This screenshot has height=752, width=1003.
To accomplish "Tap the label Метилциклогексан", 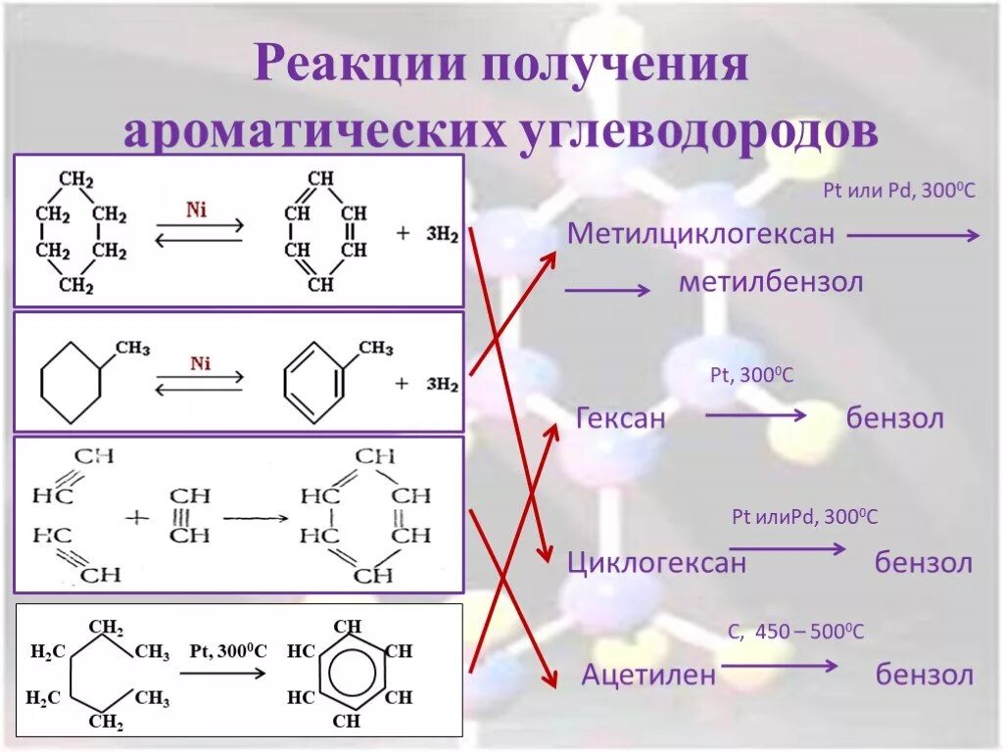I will (701, 235).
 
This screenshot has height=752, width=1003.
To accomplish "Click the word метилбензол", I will (771, 284).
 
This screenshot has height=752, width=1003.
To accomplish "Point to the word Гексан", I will (621, 419).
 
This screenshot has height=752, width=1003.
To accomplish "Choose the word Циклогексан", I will (656, 563).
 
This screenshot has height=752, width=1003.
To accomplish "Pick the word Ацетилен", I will (648, 676).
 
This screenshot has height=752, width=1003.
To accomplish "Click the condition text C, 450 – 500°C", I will (795, 633).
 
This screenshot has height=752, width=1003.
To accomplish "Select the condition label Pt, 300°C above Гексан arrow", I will (751, 375).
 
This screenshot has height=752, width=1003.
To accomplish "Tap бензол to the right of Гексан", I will (895, 419).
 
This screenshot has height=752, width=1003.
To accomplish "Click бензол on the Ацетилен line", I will (924, 676).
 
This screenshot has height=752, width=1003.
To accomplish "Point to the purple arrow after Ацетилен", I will (779, 667).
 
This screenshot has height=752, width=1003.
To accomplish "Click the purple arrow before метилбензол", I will (607, 290).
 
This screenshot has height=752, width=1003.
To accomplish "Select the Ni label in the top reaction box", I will (197, 211).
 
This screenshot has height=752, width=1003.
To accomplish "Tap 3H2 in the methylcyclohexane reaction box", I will (441, 384).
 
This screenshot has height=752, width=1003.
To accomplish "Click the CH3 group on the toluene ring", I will (375, 348).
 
